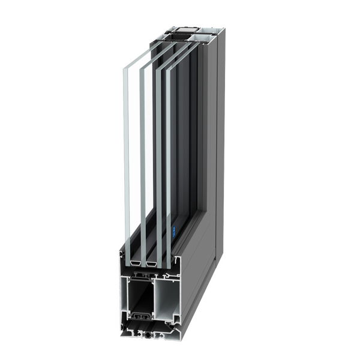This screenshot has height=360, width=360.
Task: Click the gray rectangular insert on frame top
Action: pyautogui.click(x=182, y=28)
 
